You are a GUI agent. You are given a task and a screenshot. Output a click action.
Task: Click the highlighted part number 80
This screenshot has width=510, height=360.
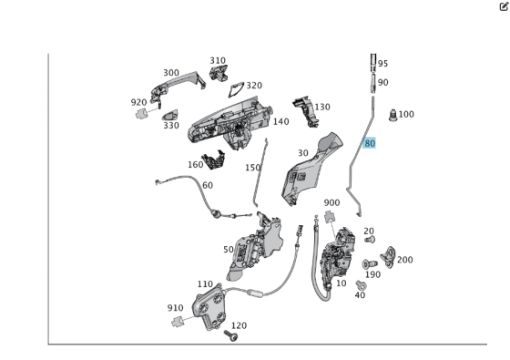(369, 143)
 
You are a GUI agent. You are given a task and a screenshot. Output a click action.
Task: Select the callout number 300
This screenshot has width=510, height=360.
(171, 73)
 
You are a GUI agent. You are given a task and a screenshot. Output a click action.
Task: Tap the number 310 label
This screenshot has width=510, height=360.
(217, 61)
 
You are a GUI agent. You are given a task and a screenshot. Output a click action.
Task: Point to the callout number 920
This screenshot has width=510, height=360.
(138, 102)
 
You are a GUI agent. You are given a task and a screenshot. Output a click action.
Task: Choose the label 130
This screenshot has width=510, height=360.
(321, 107)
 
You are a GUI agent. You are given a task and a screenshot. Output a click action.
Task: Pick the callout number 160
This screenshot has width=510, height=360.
(195, 165)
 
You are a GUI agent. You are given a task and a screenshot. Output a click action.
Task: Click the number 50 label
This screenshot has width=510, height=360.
(228, 249)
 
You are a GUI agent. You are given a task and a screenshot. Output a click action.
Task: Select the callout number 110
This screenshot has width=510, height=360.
(205, 284)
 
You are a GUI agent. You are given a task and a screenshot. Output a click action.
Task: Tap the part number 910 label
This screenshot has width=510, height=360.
(175, 308)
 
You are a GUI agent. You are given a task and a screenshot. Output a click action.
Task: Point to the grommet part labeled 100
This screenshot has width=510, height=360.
(393, 116)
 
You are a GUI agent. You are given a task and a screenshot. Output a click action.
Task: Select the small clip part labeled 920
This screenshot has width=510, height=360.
(140, 115)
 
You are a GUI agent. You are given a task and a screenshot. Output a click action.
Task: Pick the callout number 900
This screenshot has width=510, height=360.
(331, 202)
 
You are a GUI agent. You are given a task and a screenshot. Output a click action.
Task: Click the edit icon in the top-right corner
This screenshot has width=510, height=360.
(503, 5)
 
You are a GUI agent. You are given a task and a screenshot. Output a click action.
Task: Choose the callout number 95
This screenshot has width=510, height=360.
(382, 64)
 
